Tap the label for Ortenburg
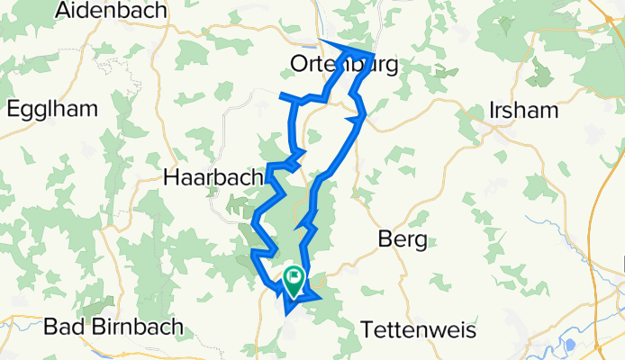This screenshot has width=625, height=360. (344, 64)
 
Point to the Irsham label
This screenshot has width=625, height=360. (523, 111)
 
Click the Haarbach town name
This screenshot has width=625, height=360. (213, 177)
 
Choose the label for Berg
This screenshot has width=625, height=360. (402, 239)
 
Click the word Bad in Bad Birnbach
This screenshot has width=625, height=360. (64, 326)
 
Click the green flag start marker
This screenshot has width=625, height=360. (294, 279)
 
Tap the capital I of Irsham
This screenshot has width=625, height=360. (492, 111)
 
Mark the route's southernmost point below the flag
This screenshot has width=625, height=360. (286, 313)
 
